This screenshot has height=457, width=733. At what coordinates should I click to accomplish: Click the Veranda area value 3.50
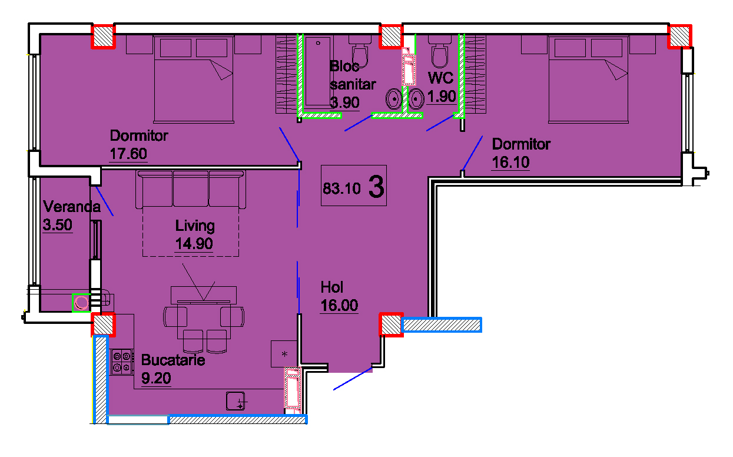tap(58, 225)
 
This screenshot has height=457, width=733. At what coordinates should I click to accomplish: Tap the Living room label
tap(195, 226)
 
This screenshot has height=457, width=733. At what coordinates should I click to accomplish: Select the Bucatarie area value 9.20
tap(156, 379)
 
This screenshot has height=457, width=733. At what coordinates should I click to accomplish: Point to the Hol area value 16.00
tap(339, 306)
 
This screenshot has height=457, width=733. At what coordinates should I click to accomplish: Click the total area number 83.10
tap(341, 188)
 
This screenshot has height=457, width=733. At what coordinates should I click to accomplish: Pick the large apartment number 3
tap(376, 187)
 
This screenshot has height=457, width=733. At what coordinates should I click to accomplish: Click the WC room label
tap(440, 78)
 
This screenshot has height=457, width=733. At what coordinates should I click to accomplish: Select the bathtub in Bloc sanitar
tap(318, 71)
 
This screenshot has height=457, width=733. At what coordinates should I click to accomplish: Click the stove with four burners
tap(122, 362)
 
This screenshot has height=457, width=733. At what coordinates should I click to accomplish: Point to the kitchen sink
tap(236, 401)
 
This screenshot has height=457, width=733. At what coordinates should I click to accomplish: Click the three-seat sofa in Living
tap(191, 189)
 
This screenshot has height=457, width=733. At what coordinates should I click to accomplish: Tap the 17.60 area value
tap(128, 154)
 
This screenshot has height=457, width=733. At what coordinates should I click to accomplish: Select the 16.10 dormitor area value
tap(510, 163)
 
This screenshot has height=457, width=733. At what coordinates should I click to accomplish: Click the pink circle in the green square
tap(81, 303)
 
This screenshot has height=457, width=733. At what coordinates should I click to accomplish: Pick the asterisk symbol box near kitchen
tap(284, 354)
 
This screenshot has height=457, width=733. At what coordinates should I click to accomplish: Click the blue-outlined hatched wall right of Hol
tap(442, 325)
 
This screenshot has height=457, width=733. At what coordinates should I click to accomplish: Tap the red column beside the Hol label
tap(391, 324)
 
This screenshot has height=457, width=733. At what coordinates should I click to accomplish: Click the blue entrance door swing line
tap(353, 379)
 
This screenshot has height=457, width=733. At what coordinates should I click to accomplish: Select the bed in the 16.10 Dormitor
tap(588, 80)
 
